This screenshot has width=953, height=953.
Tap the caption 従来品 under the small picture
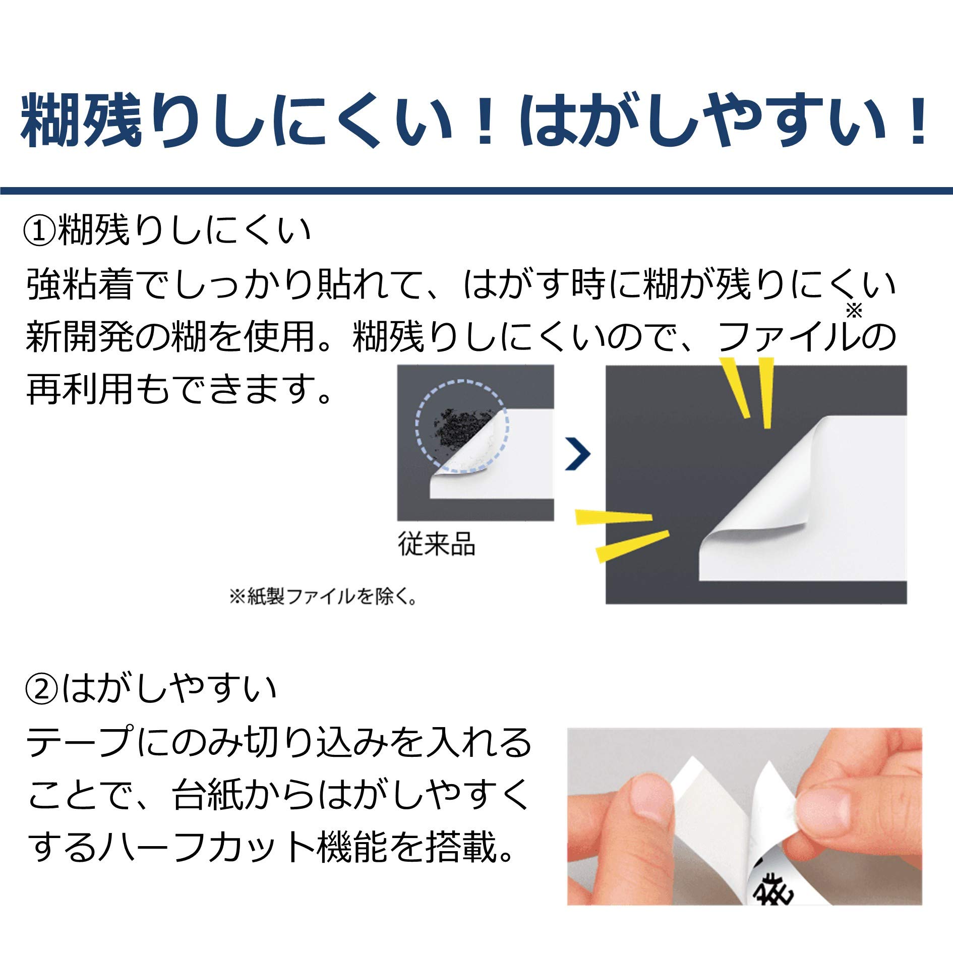pos(437,544)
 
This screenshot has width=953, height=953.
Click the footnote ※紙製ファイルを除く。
pos(323,597)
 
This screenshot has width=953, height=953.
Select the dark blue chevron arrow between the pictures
pos(578,454)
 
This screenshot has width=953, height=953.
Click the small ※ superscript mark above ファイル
pos(854,311)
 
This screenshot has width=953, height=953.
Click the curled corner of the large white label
pos(756,519)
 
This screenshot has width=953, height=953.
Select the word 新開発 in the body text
pos(80,337)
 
